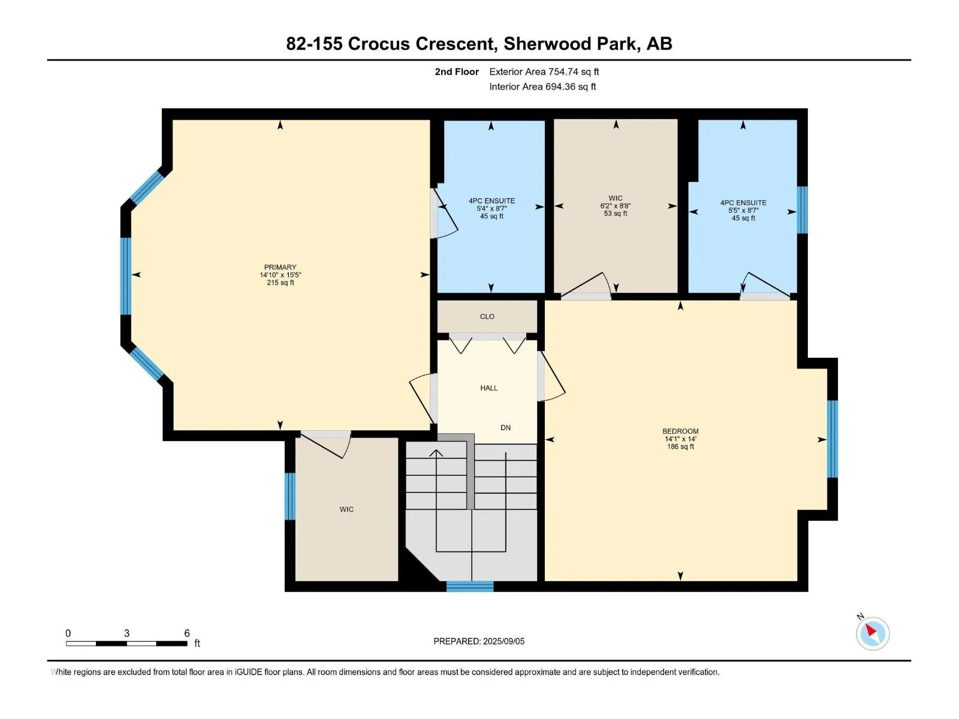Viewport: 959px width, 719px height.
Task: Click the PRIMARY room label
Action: [x=280, y=267]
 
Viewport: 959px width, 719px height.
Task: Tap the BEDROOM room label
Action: [x=680, y=431]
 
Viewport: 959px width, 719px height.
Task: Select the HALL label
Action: [x=488, y=388]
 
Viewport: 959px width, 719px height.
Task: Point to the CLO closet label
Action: [x=487, y=316]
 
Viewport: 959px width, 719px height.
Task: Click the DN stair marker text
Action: [x=505, y=427]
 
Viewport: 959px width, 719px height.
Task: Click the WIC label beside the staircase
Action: [x=346, y=509]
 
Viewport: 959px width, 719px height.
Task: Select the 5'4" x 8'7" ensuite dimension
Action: [x=491, y=209]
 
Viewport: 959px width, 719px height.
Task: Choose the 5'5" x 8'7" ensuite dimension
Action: [x=743, y=210]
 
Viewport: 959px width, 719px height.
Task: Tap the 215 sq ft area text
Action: [x=280, y=282]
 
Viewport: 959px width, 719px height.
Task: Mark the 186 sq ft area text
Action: [x=680, y=446]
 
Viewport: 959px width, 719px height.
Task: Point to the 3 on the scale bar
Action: [x=126, y=633]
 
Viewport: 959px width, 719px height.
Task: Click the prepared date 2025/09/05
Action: [x=503, y=641]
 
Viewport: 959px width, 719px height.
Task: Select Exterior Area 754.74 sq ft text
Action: [x=544, y=71]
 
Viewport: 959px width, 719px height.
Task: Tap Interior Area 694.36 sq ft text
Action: [x=542, y=86]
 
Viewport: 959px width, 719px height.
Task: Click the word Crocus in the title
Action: [x=378, y=44]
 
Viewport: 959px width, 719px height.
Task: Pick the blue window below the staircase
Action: [x=470, y=587]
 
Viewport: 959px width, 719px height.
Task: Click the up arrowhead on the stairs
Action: [x=436, y=453]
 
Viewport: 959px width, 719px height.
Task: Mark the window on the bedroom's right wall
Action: [x=833, y=439]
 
